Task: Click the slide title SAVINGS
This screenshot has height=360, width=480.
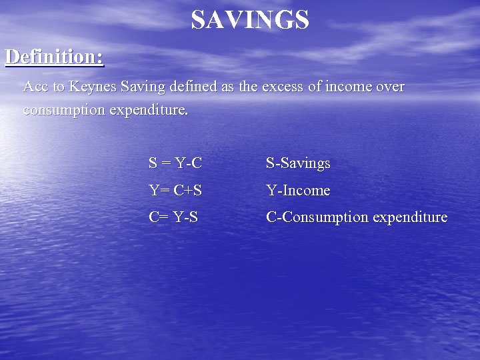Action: pos(250,20)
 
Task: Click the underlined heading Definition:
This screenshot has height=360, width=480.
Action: pos(55,57)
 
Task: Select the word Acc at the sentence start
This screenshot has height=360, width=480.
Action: pos(35,87)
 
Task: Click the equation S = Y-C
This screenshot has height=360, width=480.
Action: pos(175,163)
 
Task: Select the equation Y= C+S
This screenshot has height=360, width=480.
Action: pos(175,191)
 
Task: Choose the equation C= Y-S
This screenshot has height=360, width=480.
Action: pos(173,217)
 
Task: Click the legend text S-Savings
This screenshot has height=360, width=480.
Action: pos(298,163)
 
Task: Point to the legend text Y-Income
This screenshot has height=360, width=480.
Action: pos(298,191)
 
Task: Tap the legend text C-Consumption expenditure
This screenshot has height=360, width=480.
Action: pos(357,217)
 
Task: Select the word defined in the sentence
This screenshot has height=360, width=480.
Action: pos(192,87)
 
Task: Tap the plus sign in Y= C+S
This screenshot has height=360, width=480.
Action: pos(187,191)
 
